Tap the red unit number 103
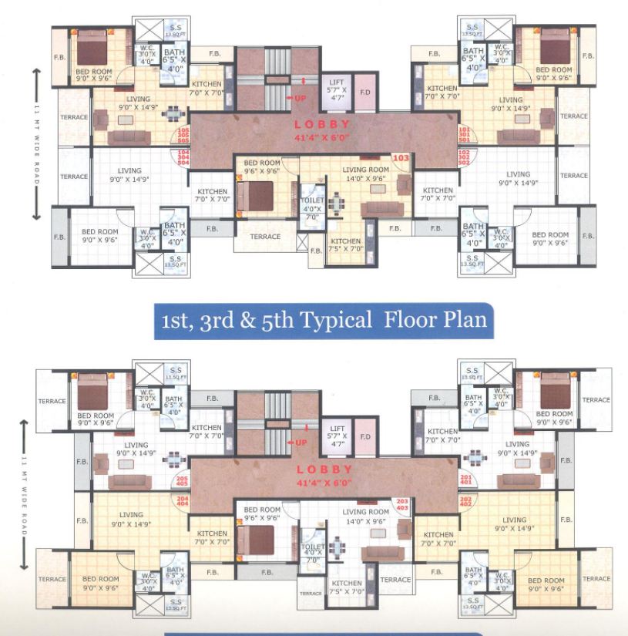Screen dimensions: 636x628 click(400, 158)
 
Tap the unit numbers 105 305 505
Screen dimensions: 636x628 click(183, 135)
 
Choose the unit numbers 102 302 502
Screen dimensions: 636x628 click(464, 157)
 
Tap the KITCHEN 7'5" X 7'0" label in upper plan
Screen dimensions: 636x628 click(345, 245)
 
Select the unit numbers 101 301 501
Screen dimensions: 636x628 click(464, 134)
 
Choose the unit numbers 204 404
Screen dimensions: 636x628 click(183, 503)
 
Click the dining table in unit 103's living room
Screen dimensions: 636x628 click(336, 204)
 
